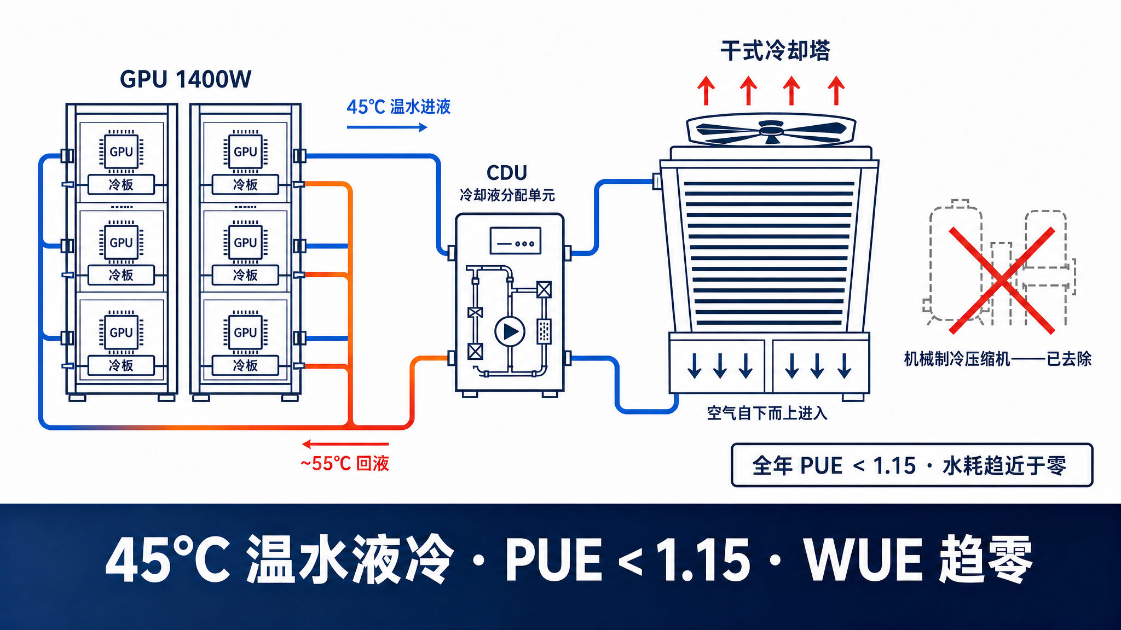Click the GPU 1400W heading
click(x=186, y=80)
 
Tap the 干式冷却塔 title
click(x=775, y=51)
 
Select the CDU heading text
click(x=507, y=173)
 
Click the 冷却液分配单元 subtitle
click(x=507, y=195)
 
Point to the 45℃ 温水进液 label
click(x=398, y=107)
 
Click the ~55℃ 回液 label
click(x=345, y=464)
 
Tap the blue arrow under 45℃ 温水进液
click(x=387, y=127)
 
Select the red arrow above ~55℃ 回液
click(x=345, y=444)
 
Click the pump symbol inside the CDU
click(x=510, y=331)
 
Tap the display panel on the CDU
click(x=516, y=241)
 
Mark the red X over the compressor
click(x=1002, y=281)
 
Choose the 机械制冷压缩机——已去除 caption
click(x=997, y=359)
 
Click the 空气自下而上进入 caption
click(x=767, y=413)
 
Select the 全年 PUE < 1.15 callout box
click(x=912, y=465)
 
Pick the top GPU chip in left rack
click(x=122, y=151)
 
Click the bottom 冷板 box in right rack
click(x=245, y=365)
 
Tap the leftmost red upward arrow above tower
click(x=706, y=90)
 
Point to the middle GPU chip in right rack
click(x=245, y=242)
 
